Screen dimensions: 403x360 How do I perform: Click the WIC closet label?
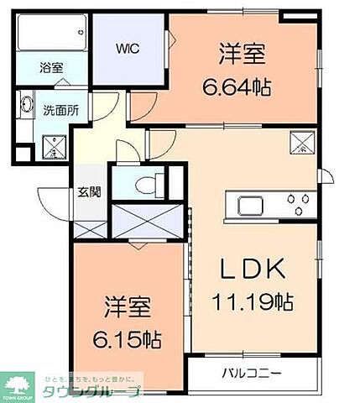pyautogui.click(x=128, y=47)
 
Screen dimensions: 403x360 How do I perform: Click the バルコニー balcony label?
pyautogui.click(x=252, y=372)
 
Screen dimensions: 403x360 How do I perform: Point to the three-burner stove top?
pyautogui.click(x=298, y=202)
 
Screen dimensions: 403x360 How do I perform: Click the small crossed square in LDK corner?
pyautogui.click(x=299, y=142)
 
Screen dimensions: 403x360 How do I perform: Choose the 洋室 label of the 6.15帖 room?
pyautogui.click(x=127, y=307)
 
